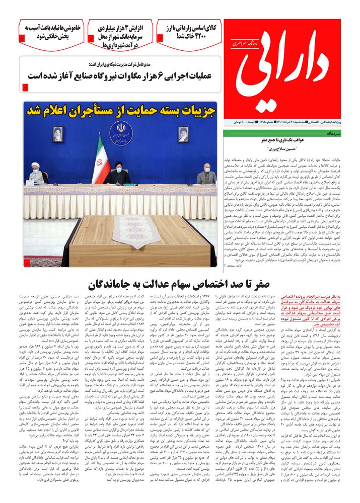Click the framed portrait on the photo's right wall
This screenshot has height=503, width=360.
[183, 134]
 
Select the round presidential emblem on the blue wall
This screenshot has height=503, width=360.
[121, 133]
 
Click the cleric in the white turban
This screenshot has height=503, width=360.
[36, 174]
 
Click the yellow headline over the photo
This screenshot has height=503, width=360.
[120, 110]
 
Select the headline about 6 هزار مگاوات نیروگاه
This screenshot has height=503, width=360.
[119, 76]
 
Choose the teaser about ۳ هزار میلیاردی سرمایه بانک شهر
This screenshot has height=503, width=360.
[120, 36]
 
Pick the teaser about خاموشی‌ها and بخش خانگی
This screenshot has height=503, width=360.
[52, 32]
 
